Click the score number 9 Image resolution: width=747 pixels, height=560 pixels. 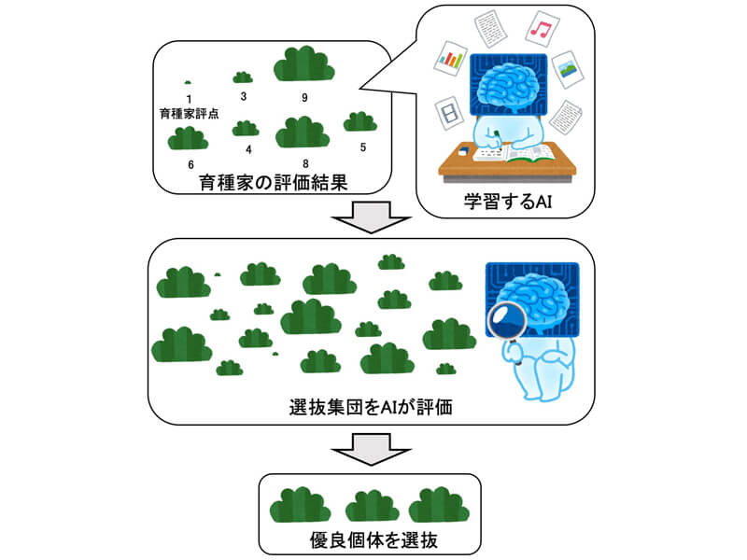304,97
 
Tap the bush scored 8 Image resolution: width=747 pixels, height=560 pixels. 303,133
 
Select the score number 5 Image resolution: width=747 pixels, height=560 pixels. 363,147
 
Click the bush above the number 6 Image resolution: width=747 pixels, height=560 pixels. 189,138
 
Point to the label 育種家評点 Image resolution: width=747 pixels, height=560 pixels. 190,114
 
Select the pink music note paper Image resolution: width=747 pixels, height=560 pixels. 539,30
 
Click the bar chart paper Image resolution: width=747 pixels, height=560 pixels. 451,62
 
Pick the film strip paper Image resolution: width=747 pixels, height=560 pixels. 451,115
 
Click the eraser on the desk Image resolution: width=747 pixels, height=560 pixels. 463,149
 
